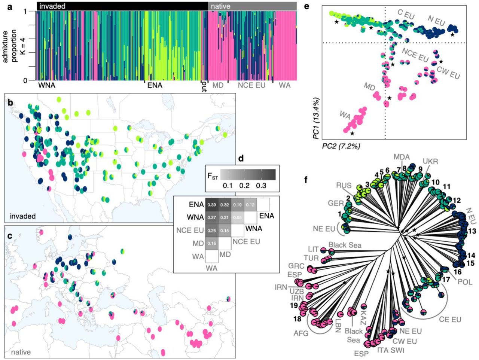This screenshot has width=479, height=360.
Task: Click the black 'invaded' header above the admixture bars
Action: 122,6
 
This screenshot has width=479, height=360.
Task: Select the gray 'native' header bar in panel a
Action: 252,6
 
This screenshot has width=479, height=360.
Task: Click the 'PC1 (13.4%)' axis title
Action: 316,119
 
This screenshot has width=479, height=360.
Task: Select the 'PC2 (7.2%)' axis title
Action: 341,146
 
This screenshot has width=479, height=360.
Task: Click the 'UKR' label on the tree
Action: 431,161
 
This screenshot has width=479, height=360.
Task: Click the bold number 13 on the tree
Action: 472,231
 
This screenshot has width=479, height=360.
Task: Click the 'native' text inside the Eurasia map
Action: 21,352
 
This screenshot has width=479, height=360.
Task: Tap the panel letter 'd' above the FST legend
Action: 241,159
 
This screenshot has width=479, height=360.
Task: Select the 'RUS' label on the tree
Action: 344,184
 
